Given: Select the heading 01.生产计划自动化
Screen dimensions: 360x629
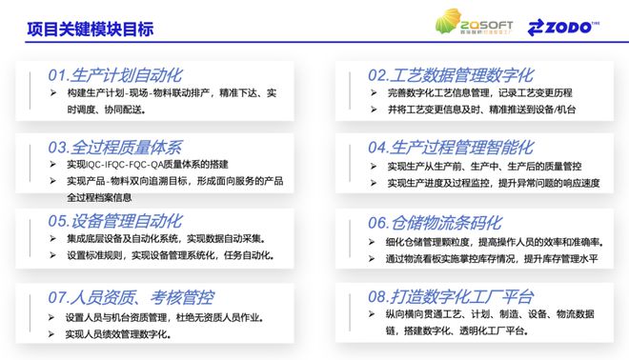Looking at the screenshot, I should click(x=114, y=74).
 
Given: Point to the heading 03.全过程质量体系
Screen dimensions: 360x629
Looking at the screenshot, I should click(x=114, y=148).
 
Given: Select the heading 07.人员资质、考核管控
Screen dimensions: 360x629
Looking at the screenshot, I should click(x=130, y=296).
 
